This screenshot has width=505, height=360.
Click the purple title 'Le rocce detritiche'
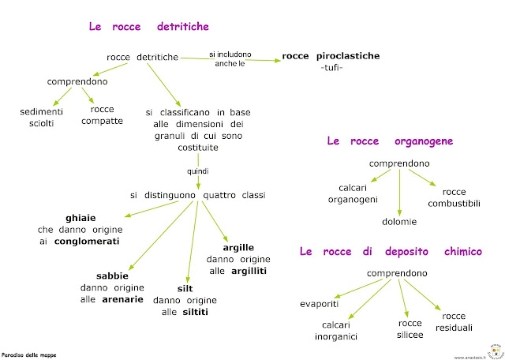pos(148,27)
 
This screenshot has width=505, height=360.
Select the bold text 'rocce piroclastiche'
pos(331,56)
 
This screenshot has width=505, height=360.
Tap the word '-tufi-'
pos(331,69)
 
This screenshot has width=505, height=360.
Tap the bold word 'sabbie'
pos(112,276)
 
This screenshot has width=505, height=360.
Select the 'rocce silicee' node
pos(410,329)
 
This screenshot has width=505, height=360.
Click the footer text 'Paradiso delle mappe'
pos(29,354)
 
